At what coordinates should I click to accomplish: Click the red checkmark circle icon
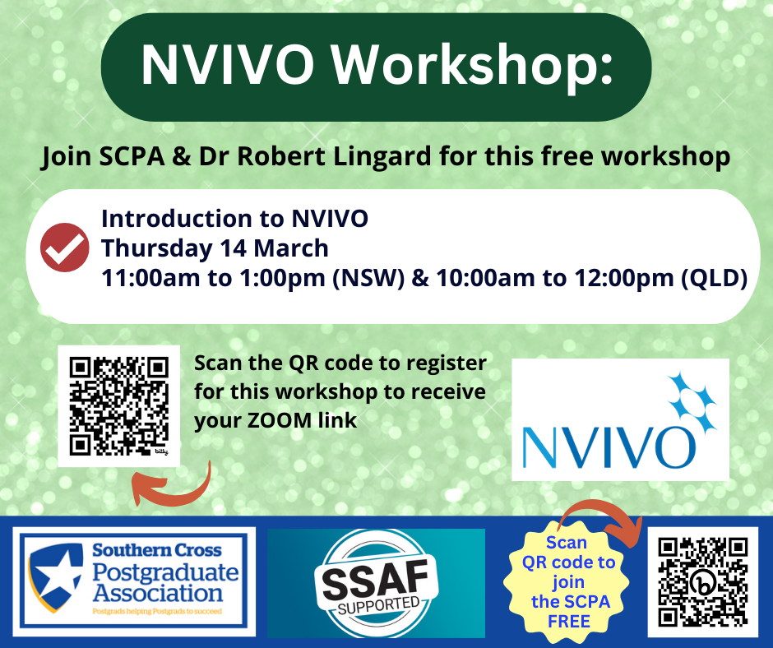(65, 248)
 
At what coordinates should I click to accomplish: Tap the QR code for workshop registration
(118, 406)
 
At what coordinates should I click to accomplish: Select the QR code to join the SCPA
(703, 582)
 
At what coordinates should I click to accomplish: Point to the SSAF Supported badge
(376, 583)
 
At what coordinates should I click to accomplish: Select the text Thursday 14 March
(215, 248)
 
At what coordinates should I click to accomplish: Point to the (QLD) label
(714, 279)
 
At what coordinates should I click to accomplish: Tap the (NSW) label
(368, 279)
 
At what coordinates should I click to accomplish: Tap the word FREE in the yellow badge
(569, 622)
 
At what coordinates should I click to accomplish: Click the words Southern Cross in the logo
(157, 550)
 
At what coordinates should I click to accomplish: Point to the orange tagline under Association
(157, 612)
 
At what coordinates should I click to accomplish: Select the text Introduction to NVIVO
(234, 219)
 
